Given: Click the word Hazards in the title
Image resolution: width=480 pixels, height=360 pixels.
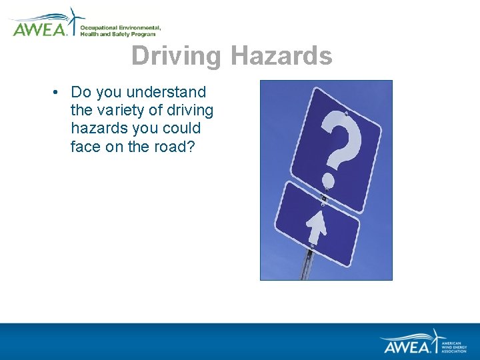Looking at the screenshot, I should pos(281,56).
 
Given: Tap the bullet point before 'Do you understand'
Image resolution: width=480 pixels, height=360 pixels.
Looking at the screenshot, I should pos(59,92).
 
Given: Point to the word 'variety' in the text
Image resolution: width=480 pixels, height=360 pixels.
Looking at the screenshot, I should pos(125,110).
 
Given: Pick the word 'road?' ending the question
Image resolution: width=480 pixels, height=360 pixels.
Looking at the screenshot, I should pos(175,146).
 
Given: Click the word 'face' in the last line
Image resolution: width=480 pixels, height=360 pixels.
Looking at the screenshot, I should pos(85,146).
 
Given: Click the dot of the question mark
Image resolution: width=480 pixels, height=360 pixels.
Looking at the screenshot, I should pos(327,180).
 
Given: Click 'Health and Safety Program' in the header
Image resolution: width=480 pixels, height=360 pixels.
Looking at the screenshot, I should pos(118,34).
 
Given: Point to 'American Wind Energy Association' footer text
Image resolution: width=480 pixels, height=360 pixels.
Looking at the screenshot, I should pos(456,346).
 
